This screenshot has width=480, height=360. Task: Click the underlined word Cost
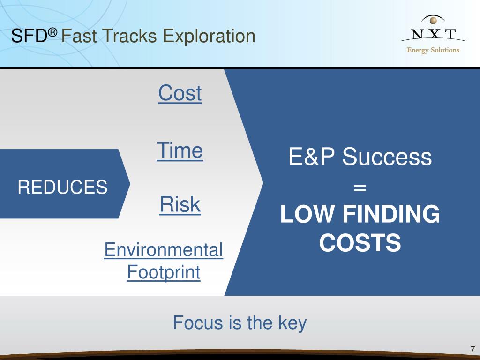[x=180, y=93]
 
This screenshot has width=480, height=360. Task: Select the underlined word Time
[x=180, y=150]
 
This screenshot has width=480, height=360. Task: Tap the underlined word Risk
[x=180, y=204]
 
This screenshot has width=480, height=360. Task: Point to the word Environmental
[x=164, y=250]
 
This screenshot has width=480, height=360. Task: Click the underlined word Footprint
[x=164, y=272]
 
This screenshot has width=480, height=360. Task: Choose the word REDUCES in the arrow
[x=63, y=187]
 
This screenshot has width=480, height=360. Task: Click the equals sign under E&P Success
[x=360, y=187]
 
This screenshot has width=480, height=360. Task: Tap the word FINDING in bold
[x=391, y=214]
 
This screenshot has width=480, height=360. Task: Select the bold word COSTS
[x=360, y=242]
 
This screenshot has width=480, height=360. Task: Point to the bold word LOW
[x=307, y=214]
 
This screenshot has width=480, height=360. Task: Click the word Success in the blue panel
[x=387, y=157]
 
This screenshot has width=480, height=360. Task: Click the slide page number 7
[x=472, y=349]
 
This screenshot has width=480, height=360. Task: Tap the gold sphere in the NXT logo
[x=433, y=21]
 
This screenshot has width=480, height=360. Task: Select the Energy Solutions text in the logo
[x=433, y=50]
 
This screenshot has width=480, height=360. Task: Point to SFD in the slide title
[x=29, y=36]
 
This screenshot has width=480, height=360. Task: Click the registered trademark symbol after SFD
[x=52, y=32]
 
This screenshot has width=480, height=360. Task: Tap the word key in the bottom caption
[x=292, y=323]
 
